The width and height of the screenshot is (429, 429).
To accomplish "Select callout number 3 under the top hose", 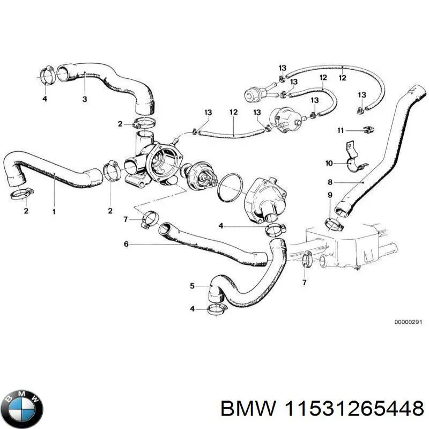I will tap(84, 99).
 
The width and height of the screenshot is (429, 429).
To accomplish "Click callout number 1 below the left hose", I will tap(54, 211).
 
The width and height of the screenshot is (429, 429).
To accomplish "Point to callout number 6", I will tap(126, 245).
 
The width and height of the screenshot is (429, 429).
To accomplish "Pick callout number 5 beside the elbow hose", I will tap(193, 286).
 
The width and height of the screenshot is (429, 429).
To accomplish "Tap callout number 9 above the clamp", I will tap(330, 195).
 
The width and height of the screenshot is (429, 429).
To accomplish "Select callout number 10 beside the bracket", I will tap(329, 162).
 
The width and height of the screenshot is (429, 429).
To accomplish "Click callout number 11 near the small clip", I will tap(340, 130).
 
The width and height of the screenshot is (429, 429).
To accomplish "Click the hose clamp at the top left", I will tap(47, 76).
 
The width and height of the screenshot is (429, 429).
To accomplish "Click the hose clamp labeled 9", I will tap(333, 224).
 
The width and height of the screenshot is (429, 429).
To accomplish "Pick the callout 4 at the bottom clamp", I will tap(193, 309).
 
